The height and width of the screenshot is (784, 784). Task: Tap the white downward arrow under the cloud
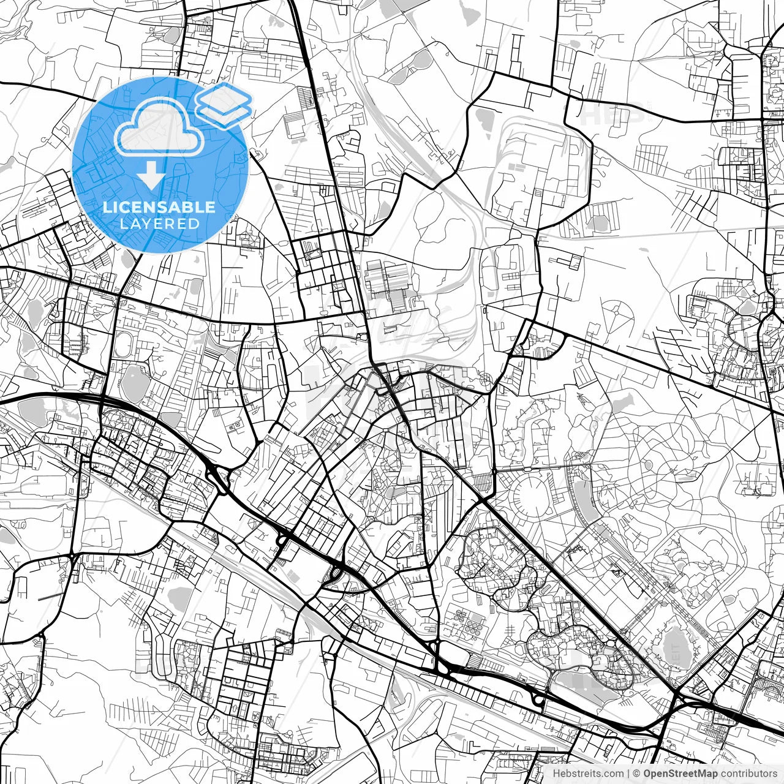pyautogui.click(x=151, y=176)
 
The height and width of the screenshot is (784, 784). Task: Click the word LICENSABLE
pyautogui.click(x=159, y=207)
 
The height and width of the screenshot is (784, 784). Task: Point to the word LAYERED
pyautogui.click(x=159, y=224)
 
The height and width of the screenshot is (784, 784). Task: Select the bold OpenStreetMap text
pyautogui.click(x=680, y=774)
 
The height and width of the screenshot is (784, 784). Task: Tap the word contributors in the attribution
pyautogui.click(x=748, y=774)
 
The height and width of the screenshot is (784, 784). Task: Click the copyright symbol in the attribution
pyautogui.click(x=637, y=774)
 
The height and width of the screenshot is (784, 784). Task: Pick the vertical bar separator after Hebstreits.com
pyautogui.click(x=628, y=774)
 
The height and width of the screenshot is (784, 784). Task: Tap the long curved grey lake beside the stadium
pyautogui.click(x=585, y=499)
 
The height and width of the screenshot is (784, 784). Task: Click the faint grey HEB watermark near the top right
pyautogui.click(x=612, y=113)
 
